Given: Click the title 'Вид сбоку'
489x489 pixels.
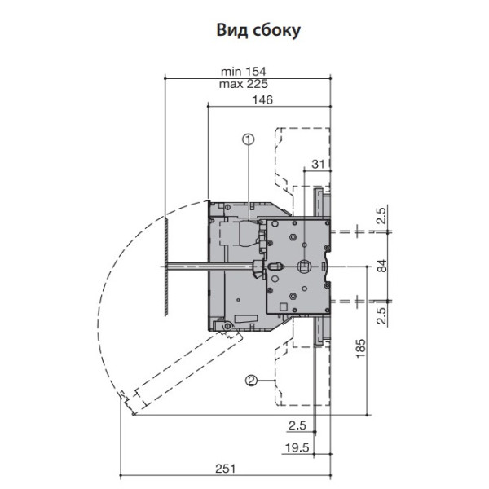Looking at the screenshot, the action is (258, 31).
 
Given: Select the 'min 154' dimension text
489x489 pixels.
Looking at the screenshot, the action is (244, 72).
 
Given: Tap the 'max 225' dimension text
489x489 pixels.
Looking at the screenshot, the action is (244, 84).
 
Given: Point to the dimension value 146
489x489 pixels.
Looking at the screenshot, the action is (262, 99).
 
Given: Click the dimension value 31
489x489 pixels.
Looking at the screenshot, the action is (318, 164).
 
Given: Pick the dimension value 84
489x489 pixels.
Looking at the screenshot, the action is (382, 266).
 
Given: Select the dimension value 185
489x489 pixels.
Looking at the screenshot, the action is (360, 348).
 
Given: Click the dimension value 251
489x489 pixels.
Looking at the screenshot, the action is (226, 469).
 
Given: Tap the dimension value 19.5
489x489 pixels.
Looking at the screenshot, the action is (297, 447).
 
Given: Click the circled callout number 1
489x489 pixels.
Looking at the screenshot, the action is (249, 139).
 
